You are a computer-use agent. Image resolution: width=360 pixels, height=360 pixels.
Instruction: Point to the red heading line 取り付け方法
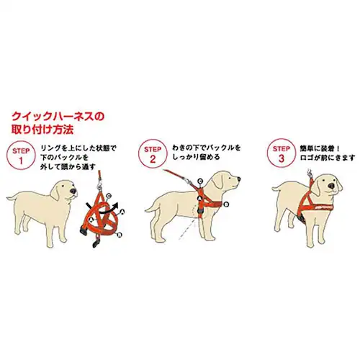42,130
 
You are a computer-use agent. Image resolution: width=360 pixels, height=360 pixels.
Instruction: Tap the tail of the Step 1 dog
10,195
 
